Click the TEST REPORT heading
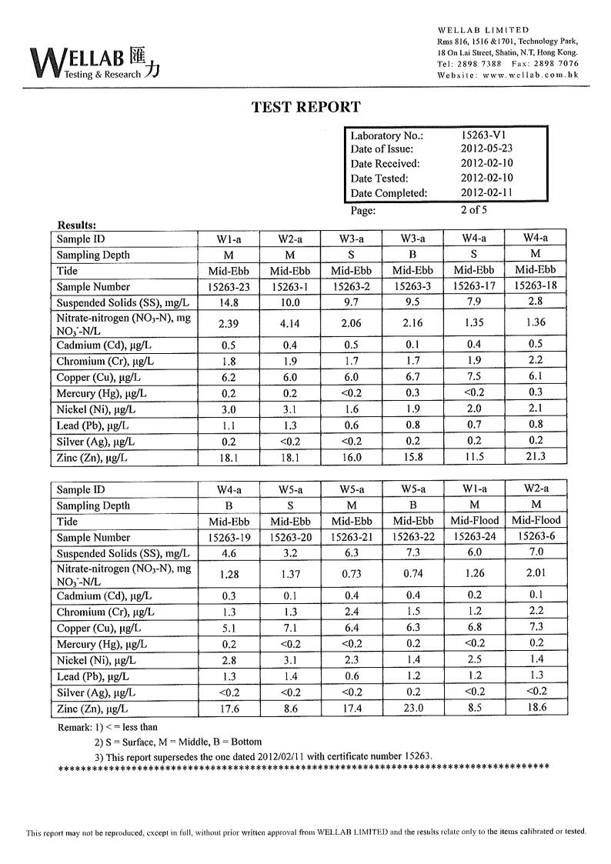305,108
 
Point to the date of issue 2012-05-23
486,149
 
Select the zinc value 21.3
535,456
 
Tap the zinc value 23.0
412,708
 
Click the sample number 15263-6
536,537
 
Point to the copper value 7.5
474,377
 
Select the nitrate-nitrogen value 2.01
536,573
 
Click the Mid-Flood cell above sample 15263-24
474,521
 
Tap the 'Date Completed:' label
389,193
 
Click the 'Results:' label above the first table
77,225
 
